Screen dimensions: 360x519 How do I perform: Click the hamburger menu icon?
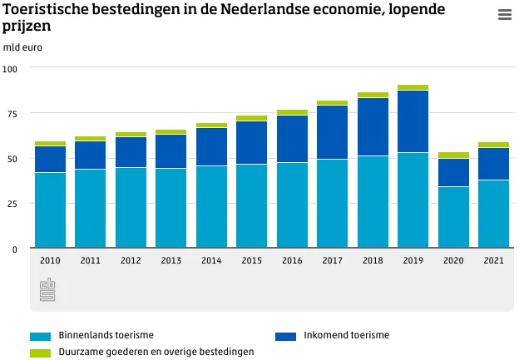point(504,15)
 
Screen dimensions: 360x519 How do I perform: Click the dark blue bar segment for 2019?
point(413,121)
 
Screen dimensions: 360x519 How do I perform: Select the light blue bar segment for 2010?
point(50,210)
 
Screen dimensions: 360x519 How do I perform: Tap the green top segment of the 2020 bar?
point(453,155)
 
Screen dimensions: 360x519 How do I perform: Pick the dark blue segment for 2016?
point(292,139)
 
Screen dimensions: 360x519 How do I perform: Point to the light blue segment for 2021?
point(493,214)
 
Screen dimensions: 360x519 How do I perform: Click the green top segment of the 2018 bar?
point(373,95)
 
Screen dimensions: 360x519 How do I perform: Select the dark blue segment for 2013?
point(171,151)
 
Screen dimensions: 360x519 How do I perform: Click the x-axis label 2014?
point(211,260)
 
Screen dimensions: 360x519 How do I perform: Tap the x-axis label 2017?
point(332,260)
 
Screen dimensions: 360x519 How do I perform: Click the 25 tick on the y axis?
point(12,204)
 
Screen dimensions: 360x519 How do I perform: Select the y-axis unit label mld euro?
point(22,47)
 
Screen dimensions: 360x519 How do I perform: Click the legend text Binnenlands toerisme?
point(106,336)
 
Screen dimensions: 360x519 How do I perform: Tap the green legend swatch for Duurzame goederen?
point(40,353)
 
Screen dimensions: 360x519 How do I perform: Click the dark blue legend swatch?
point(285,336)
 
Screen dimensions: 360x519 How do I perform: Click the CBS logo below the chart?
point(47,291)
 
